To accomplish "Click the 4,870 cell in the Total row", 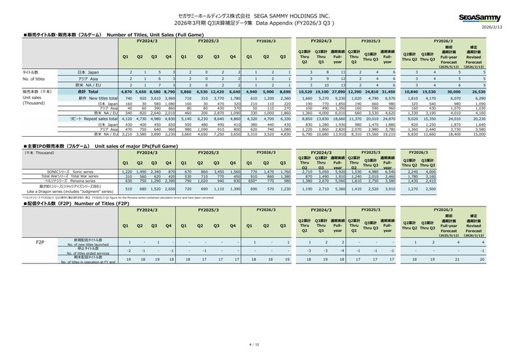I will (x=125, y=92).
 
